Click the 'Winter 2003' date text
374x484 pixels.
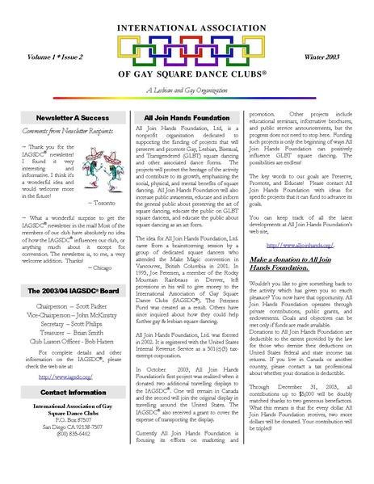point(322,56)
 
